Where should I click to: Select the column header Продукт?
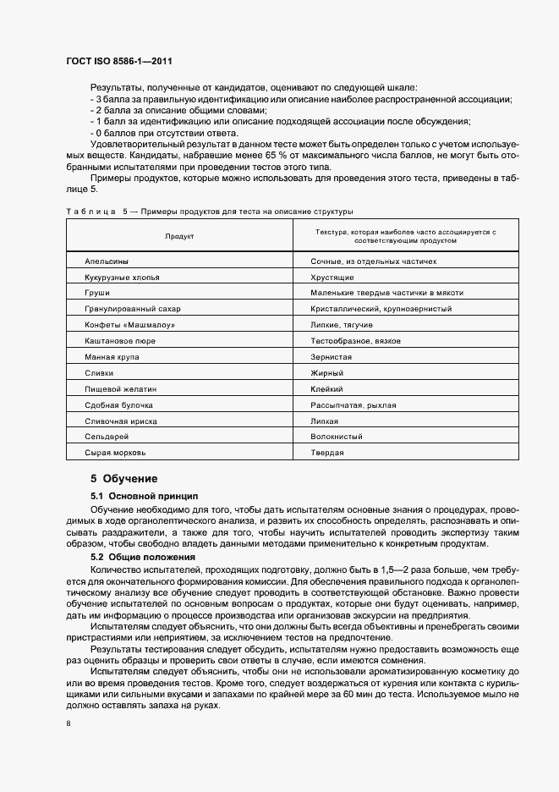[179, 236]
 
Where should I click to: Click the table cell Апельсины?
[107, 261]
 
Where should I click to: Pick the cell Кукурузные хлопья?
[122, 278]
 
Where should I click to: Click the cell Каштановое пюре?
[120, 341]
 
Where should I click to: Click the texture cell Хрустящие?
[332, 278]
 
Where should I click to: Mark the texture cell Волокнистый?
[337, 437]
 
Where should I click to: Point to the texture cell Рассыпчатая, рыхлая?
[353, 405]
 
